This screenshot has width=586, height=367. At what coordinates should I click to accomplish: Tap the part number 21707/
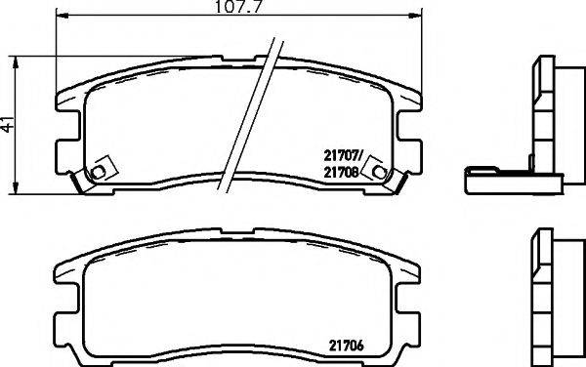coord(343,154)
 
